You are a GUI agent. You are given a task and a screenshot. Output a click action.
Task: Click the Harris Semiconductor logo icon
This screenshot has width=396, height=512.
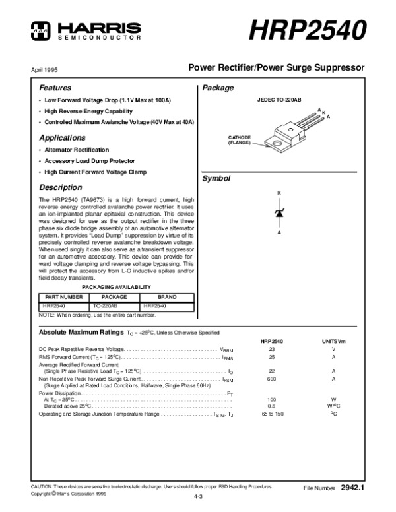(40, 28)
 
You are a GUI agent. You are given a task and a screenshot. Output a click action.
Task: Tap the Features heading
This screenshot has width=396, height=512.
(55, 88)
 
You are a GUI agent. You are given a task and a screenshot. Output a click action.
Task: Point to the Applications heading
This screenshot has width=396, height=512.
(62, 138)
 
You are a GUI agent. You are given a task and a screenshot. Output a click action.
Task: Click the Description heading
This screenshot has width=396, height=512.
(60, 187)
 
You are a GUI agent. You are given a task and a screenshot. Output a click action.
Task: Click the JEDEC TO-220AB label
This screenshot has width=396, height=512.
(279, 99)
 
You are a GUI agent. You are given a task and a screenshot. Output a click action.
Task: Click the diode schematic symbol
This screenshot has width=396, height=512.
(279, 213)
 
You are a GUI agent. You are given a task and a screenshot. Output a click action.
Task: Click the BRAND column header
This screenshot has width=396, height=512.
(167, 298)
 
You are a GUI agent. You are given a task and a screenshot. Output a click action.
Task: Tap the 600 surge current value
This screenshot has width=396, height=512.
(271, 379)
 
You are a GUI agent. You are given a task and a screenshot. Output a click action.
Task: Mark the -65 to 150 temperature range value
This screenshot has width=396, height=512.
(271, 414)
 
